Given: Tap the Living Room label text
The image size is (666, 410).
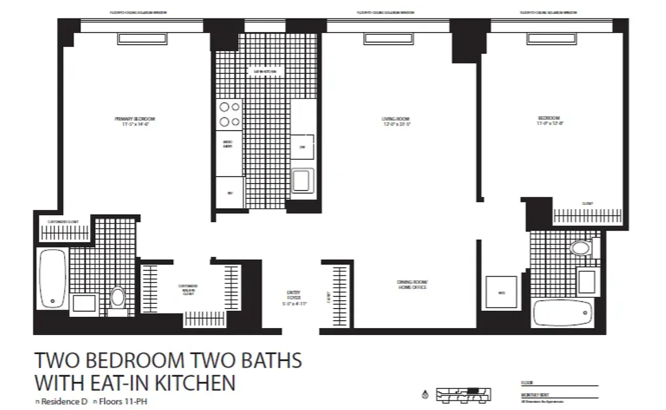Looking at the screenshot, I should pos(397,121).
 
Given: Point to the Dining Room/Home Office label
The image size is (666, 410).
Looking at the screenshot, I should pos(412,285).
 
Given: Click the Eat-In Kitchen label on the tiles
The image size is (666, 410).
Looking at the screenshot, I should pos(265,72).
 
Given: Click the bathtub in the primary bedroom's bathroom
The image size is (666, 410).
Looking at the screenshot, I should pos(53,279).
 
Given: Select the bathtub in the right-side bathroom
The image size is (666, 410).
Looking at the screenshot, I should pos(563,313).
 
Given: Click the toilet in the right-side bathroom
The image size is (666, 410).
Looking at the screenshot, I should pos(581,248).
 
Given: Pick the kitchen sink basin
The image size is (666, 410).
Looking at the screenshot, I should pos(302,181).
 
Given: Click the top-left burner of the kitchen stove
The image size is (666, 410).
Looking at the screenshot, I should pos(224,107).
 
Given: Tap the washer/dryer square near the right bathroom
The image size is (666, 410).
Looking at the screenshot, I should pos(501,293).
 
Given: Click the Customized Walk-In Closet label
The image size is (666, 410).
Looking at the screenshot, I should pos(188,290).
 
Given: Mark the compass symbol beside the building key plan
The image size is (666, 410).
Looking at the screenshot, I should pos(425,395).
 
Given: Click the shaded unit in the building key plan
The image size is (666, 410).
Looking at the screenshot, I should pos(474,391).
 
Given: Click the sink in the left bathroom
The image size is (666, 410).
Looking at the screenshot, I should pos(84,303).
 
